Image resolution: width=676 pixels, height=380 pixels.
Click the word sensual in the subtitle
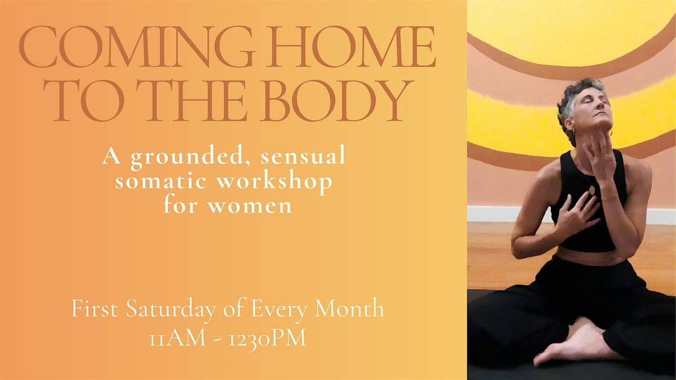tap(303, 157)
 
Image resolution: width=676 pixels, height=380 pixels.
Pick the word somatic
tap(161, 181)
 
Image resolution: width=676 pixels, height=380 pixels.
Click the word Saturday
tap(171, 309)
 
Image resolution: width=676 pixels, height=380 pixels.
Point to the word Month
tap(349, 309)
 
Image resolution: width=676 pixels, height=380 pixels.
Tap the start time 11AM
tap(178, 338)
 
